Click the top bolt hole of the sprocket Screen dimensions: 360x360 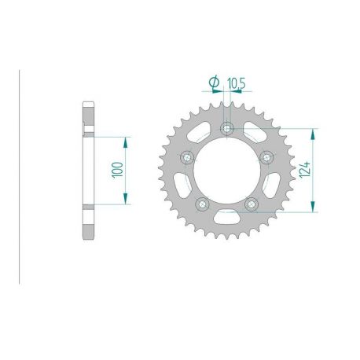(x=227, y=128)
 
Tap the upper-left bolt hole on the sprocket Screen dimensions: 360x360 (x=187, y=157)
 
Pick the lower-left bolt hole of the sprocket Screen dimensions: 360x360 (x=203, y=204)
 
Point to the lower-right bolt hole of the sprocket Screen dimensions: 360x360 (x=252, y=204)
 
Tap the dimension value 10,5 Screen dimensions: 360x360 (x=236, y=81)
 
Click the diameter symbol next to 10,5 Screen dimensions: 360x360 (x=213, y=81)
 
